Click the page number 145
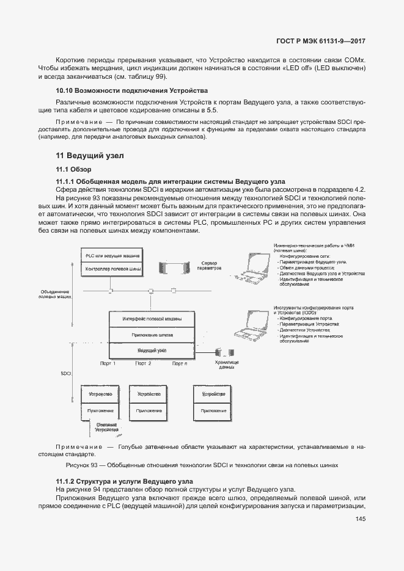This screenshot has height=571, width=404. [359, 519]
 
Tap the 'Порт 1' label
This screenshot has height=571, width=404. [108, 363]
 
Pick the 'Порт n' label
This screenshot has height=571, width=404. [179, 363]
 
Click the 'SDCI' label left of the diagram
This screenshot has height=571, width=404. [66, 372]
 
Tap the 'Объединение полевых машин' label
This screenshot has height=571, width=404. [55, 294]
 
